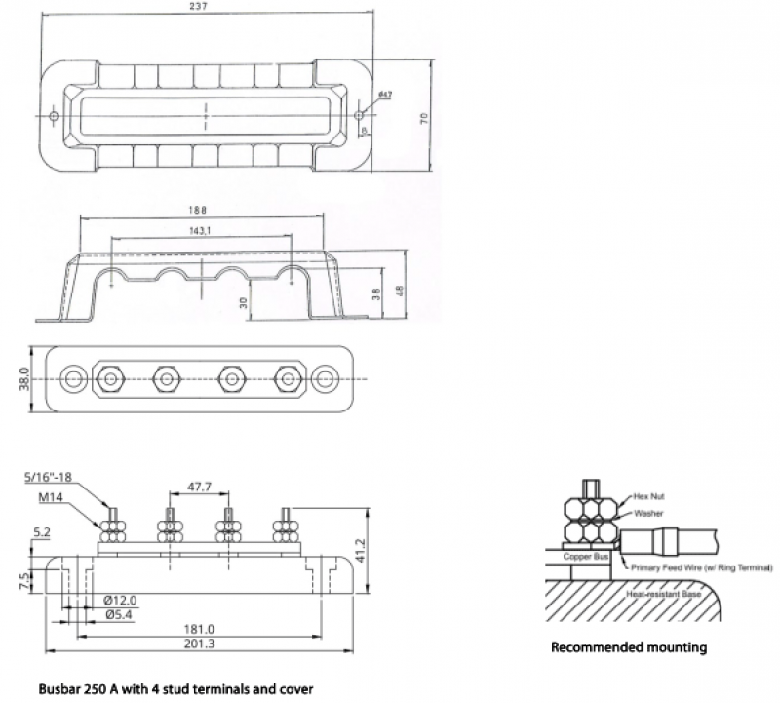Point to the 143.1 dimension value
[x=204, y=230]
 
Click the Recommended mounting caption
[x=629, y=646]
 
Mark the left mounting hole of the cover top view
[x=55, y=117]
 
